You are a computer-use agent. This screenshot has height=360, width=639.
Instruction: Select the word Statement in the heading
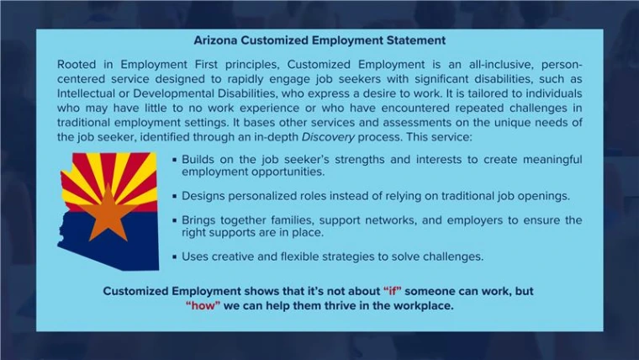(x=415, y=40)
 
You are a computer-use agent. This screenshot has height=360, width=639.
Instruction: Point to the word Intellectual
(x=89, y=93)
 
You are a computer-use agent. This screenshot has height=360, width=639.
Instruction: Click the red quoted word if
(x=392, y=291)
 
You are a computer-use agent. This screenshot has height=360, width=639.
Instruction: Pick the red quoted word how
(x=203, y=305)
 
